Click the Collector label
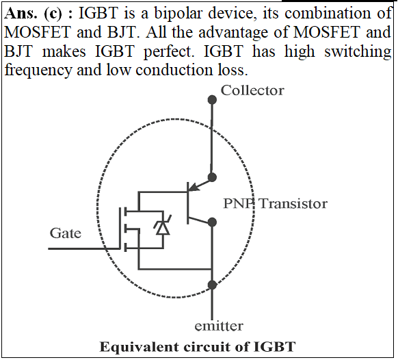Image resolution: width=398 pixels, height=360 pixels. pyautogui.click(x=252, y=90)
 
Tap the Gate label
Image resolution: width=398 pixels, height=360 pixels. pyautogui.click(x=66, y=233)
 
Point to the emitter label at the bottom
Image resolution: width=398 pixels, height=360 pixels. pyautogui.click(x=219, y=326)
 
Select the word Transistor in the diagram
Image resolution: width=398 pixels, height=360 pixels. pyautogui.click(x=293, y=203)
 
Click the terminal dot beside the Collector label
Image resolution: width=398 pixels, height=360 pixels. pyautogui.click(x=212, y=100)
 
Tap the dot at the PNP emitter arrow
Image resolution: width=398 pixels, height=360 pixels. pyautogui.click(x=212, y=177)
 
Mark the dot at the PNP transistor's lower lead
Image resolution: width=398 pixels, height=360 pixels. pyautogui.click(x=212, y=222)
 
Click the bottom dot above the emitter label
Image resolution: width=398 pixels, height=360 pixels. pyautogui.click(x=212, y=285)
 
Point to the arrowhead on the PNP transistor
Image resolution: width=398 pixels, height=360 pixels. pyautogui.click(x=194, y=187)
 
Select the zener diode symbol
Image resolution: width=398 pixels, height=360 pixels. pyautogui.click(x=163, y=225)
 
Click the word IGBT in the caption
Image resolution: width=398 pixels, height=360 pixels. pyautogui.click(x=275, y=347)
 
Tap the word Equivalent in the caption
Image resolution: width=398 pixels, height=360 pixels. pyautogui.click(x=139, y=347)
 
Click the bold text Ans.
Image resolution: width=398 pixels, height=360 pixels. pyautogui.click(x=21, y=13)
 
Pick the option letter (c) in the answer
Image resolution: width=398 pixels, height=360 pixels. pyautogui.click(x=53, y=14)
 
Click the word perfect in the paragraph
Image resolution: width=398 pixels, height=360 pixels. pyautogui.click(x=169, y=51)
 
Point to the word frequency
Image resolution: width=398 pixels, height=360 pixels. pyautogui.click(x=38, y=70)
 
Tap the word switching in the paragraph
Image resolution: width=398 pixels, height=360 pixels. pyautogui.click(x=358, y=51)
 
